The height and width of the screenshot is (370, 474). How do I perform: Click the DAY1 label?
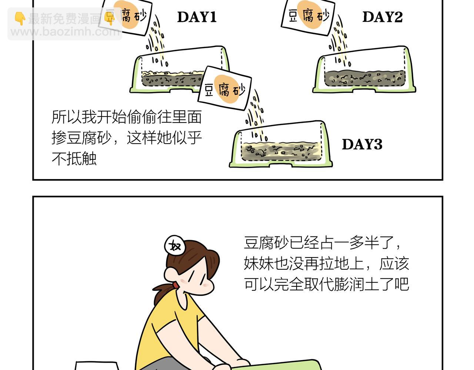tap(197, 17)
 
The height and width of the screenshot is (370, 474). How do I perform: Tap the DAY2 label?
tap(383, 17)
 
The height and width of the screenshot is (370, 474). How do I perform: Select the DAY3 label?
tap(362, 144)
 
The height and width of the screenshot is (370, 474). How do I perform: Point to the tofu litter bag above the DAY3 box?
tap(224, 88)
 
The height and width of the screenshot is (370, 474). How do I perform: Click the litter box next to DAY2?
tap(364, 70)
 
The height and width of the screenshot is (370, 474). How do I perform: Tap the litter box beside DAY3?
tap(281, 144)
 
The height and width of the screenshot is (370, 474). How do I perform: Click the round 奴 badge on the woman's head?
tap(175, 246)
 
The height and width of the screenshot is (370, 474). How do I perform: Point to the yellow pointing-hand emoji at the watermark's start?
tap(20, 18)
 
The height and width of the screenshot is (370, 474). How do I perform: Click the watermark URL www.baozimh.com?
tap(65, 32)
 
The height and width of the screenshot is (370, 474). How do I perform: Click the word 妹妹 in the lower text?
tap(259, 263)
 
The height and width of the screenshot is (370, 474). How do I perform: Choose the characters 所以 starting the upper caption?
tap(67, 117)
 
